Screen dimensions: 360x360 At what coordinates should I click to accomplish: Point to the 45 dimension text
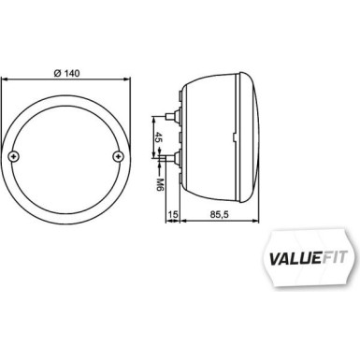pos(157,139)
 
